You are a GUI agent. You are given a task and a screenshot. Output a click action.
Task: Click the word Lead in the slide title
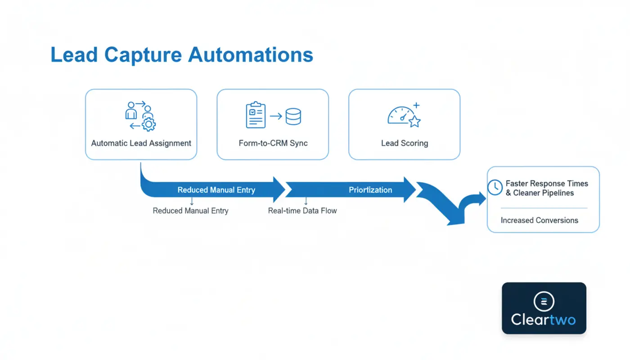[x=74, y=55]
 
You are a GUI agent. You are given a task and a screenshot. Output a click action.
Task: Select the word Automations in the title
[x=250, y=55]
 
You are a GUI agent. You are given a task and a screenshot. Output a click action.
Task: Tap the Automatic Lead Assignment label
[x=141, y=143]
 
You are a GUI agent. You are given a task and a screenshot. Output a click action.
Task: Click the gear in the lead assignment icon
[x=148, y=124]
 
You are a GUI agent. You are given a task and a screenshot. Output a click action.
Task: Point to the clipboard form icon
[x=256, y=115]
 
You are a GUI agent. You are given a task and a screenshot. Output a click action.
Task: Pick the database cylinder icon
[x=293, y=116]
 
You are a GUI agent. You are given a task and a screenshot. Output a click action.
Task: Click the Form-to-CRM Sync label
[x=273, y=143]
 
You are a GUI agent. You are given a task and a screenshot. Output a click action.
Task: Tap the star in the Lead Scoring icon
[x=414, y=121]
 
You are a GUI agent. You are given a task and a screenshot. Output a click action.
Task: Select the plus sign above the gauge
[x=416, y=106]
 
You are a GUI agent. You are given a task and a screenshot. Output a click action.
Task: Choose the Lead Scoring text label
[x=404, y=143]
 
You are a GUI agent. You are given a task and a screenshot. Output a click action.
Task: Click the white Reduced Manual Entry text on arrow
[x=216, y=190]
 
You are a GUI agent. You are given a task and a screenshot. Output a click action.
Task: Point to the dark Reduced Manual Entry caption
[x=190, y=211]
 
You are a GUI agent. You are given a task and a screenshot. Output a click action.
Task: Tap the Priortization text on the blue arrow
[x=370, y=190]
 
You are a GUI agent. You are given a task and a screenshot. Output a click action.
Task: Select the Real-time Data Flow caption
[x=302, y=211]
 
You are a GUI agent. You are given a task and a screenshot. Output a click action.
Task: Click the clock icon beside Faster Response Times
[x=495, y=187]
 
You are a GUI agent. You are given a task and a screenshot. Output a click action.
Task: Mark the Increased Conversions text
[x=539, y=220]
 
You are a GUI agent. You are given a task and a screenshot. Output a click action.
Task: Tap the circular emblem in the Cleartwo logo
[x=544, y=302]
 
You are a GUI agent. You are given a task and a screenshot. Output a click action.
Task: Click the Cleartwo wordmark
[x=544, y=320]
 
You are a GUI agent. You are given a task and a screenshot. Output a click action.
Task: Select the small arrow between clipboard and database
[x=276, y=116]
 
